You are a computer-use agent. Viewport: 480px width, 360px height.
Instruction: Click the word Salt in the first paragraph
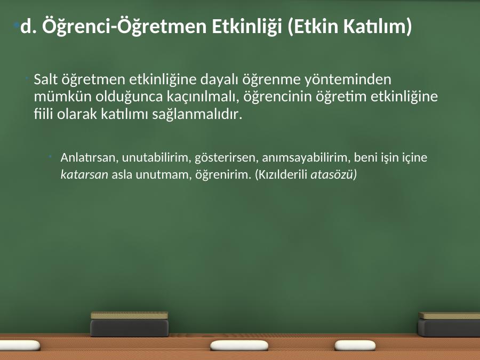click(46, 79)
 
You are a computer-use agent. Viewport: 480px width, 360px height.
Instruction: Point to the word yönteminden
click(348, 79)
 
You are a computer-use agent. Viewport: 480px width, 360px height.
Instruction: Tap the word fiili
click(44, 114)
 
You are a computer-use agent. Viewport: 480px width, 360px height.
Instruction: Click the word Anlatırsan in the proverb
click(90, 157)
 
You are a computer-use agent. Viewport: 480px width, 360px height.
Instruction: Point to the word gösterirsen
click(227, 157)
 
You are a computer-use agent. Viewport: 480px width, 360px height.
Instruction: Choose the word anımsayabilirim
click(306, 158)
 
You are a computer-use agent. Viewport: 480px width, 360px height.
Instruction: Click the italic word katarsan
click(84, 175)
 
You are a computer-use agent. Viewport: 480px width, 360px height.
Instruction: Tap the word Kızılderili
click(281, 174)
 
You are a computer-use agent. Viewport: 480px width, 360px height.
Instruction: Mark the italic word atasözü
click(332, 175)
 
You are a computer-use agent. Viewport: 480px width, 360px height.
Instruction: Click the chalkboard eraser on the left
click(130, 324)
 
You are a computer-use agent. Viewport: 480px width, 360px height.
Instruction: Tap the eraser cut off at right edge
click(449, 324)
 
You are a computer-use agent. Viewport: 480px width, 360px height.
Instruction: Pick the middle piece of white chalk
click(239, 345)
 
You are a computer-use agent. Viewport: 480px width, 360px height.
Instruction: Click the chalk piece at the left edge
click(20, 345)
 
